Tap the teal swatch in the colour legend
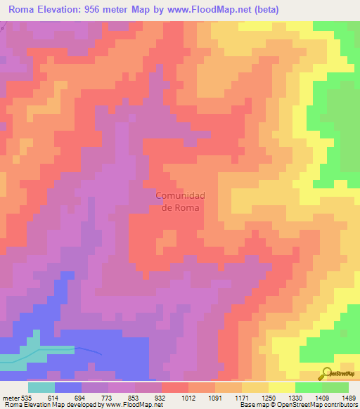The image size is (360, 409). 41,387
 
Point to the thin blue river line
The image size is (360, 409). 88,349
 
